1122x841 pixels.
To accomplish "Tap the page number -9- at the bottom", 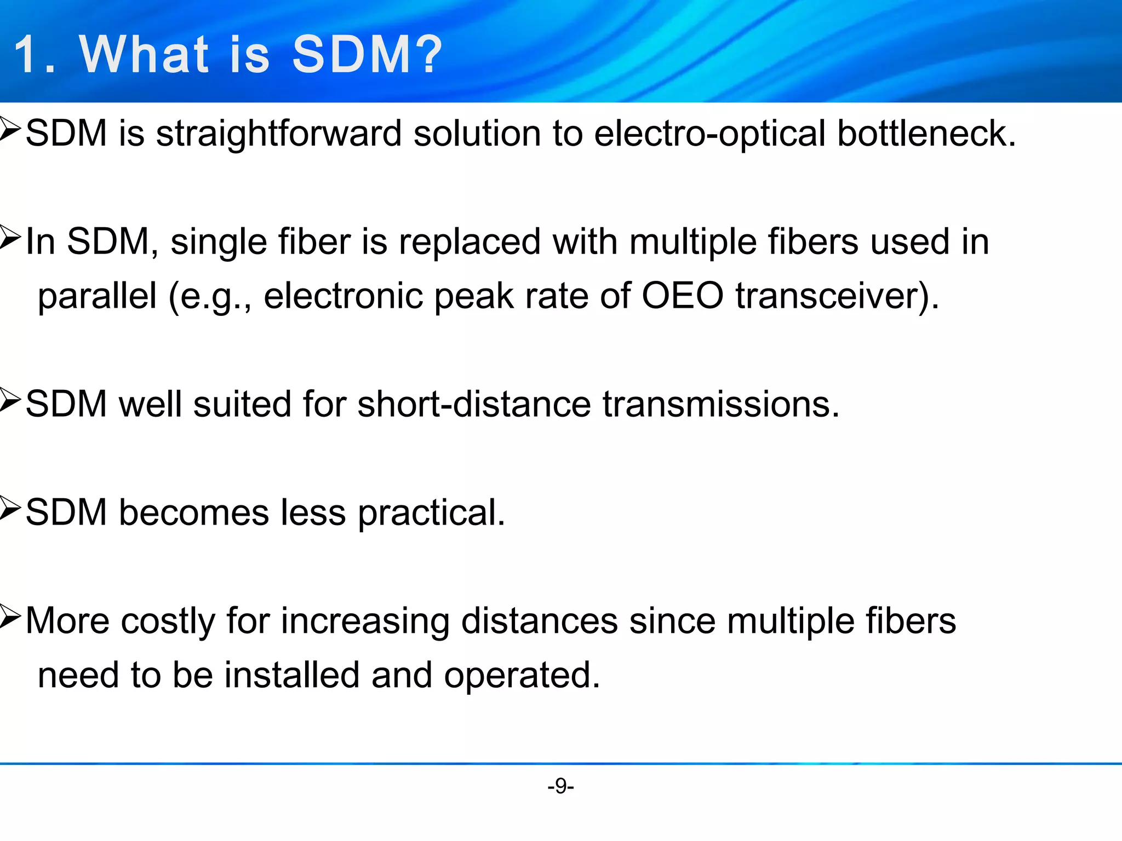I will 560,786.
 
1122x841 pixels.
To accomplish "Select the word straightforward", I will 279,134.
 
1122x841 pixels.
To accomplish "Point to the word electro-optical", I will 709,134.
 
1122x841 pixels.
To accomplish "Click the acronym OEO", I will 683,296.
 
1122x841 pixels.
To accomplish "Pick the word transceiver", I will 830,296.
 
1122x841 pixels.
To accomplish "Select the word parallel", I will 97,296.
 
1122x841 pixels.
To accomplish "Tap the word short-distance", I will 474,404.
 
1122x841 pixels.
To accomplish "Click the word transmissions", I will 720,404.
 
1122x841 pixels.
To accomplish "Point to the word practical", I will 431,513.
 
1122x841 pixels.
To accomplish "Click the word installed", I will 291,675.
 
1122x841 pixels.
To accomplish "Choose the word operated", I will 522,676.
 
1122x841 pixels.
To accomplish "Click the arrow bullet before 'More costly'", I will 10,617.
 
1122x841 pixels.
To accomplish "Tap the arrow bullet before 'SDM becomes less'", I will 10,509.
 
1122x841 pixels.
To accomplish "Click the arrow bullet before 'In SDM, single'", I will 10,238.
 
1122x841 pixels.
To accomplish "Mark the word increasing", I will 365,621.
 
